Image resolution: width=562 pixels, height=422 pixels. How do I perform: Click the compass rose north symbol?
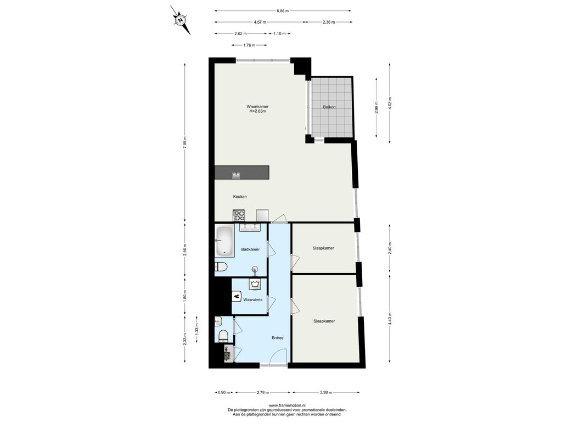coord(180,20)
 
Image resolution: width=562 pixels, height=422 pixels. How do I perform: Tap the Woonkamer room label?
coord(257,107)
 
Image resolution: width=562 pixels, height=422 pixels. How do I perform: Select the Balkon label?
coord(329,107)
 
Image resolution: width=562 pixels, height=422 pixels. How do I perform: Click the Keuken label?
coord(240,197)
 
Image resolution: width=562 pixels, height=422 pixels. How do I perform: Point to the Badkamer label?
coord(250,249)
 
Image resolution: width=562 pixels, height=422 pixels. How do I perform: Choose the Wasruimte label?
coord(252,299)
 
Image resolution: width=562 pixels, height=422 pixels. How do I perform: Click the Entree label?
coord(277,338)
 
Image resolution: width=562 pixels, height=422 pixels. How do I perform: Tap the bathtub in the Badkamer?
coord(224,241)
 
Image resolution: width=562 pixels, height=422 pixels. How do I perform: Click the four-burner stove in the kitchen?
coord(239,215)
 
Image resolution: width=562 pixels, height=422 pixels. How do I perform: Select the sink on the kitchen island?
coord(236,175)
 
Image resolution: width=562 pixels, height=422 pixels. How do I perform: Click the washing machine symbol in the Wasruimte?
coord(255,284)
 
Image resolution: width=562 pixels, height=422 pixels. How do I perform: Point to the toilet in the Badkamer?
coord(221,267)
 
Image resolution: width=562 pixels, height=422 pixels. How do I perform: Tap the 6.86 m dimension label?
coord(283,11)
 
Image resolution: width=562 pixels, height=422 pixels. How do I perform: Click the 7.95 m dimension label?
coord(184,143)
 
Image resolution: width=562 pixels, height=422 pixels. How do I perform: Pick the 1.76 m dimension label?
coord(249,45)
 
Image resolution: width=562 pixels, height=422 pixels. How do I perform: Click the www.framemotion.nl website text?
coord(286,405)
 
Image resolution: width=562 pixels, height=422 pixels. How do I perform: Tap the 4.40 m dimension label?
coord(390,319)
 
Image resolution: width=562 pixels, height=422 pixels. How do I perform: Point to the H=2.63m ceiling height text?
coord(257,111)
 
